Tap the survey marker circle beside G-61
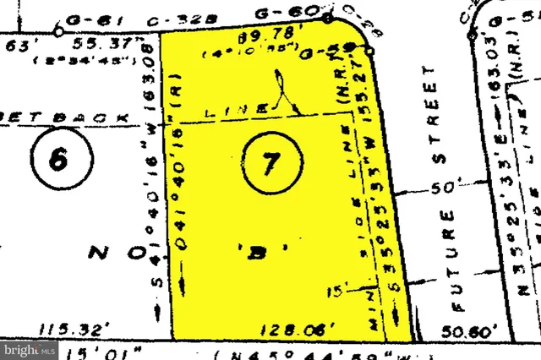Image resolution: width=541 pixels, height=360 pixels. [x=58, y=31]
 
